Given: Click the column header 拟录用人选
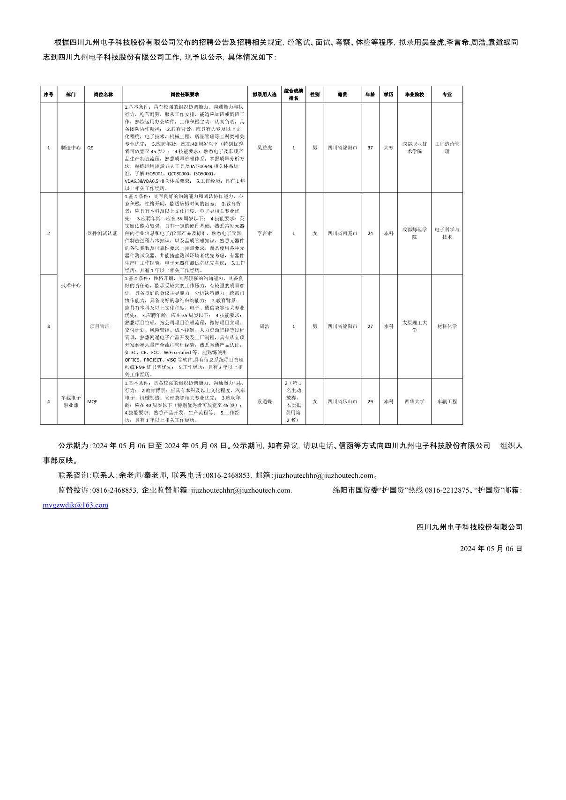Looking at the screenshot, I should [x=264, y=95].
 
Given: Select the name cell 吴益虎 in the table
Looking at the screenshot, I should [x=264, y=148].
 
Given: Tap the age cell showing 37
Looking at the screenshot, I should [x=370, y=148].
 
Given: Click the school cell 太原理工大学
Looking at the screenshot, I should [x=414, y=326].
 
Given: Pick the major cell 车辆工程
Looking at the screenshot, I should [x=447, y=401].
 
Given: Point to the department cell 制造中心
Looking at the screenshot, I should [x=71, y=148].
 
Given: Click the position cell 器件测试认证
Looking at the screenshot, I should [x=103, y=233].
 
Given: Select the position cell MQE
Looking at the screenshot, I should [x=93, y=401].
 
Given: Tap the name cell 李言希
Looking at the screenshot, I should [x=264, y=233].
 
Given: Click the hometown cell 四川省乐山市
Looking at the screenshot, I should [x=342, y=401].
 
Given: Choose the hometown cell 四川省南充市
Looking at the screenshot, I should [x=342, y=233].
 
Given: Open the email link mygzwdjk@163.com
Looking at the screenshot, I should [x=75, y=505].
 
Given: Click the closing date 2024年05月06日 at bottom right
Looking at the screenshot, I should [x=491, y=548].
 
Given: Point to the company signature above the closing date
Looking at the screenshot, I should [x=469, y=527].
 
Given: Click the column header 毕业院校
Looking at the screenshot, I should [x=414, y=95].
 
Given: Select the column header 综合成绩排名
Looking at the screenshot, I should [x=294, y=95].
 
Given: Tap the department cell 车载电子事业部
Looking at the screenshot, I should [x=71, y=401].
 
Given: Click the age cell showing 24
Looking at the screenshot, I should [x=370, y=233].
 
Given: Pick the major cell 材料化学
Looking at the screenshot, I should [x=447, y=326].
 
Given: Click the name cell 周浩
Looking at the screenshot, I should [x=264, y=326].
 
